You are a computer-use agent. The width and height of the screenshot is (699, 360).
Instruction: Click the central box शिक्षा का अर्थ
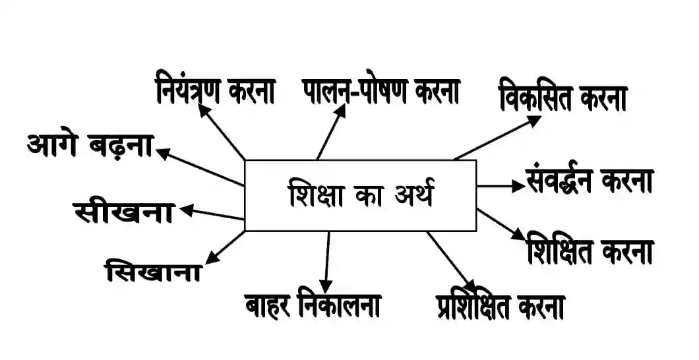360,195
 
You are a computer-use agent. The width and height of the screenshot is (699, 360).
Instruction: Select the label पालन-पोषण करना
381,90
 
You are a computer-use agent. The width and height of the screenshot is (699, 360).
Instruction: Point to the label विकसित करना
562,99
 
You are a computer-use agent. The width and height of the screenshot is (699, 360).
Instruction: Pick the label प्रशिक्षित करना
501,307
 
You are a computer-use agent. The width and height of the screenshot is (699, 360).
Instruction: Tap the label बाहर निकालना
313,305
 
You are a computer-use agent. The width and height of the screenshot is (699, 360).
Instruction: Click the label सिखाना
154,270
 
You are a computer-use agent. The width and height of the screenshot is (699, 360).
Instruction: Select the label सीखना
125,212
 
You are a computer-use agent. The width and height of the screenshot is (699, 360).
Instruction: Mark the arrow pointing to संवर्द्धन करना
499,186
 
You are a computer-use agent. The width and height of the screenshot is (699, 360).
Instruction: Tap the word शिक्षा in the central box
310,195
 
